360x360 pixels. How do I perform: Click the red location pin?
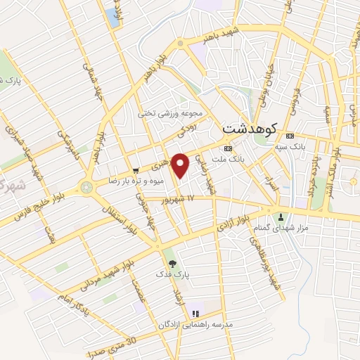point(181,165)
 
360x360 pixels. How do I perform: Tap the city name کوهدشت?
point(250,129)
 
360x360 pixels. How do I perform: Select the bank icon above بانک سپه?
point(290,136)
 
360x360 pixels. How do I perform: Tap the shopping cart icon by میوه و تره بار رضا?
point(136,170)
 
